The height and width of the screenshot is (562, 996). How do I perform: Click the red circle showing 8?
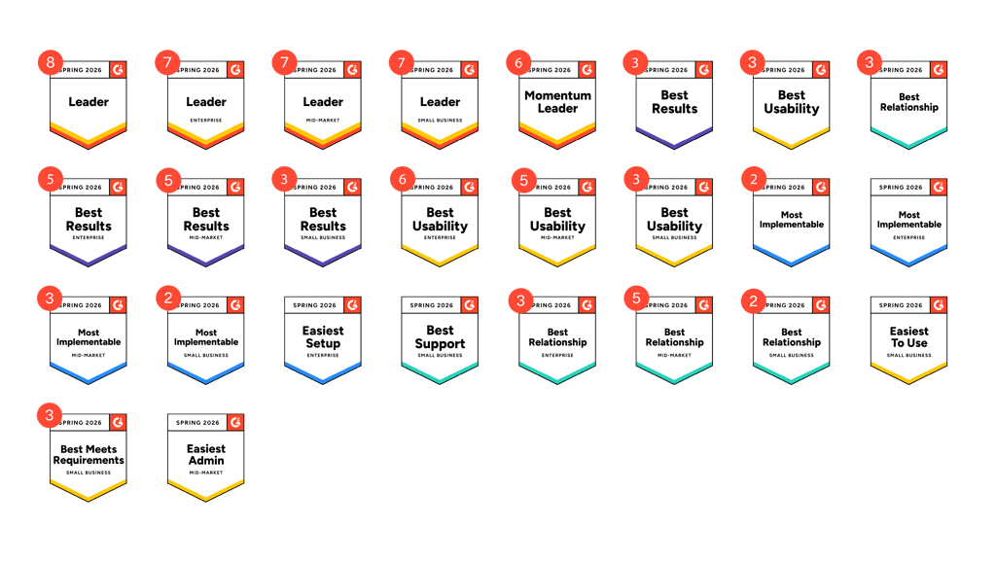point(51,63)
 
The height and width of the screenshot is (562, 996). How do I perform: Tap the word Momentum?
point(557,95)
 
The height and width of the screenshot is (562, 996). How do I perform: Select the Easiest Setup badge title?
point(323,336)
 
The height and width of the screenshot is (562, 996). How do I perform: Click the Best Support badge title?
point(440,336)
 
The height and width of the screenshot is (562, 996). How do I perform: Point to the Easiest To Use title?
point(908,336)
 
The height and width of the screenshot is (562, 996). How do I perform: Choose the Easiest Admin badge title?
point(205,454)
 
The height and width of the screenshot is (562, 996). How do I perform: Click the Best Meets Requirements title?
point(89,454)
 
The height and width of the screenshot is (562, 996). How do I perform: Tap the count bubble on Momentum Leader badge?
point(518,63)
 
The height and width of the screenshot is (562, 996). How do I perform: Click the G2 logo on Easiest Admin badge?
point(235,423)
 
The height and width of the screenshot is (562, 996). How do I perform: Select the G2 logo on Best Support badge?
point(469,305)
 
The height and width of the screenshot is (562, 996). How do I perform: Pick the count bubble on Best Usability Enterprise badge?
point(402,181)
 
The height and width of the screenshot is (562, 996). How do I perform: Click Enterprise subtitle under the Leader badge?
point(205,121)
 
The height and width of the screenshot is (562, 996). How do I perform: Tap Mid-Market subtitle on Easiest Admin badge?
point(205,473)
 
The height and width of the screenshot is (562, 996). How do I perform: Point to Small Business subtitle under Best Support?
point(440,355)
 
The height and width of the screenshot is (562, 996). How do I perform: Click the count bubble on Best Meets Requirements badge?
point(51,415)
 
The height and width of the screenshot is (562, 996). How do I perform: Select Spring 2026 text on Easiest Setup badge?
point(313,305)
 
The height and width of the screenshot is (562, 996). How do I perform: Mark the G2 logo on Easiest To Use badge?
point(939,305)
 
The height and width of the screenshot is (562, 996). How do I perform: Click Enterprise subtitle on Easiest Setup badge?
point(323,355)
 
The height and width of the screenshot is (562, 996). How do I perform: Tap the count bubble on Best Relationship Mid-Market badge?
point(636,298)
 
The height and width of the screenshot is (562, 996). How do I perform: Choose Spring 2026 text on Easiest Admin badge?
point(196,423)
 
